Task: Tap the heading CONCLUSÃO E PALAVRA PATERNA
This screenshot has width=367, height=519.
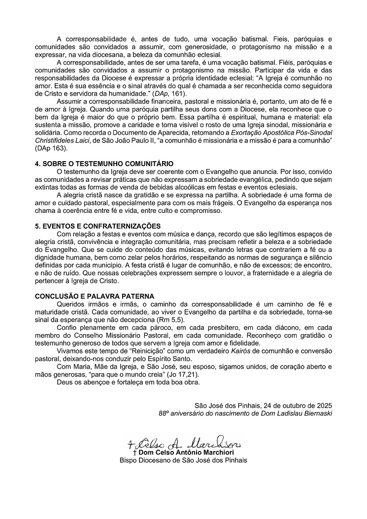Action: (95, 296)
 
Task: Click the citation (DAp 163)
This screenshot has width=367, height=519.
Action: (52, 148)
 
